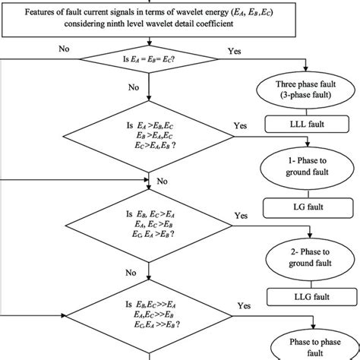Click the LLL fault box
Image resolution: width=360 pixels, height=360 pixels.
tap(303, 122)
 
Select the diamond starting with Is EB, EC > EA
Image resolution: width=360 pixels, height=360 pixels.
tap(151, 226)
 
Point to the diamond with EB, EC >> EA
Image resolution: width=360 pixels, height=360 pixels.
tap(151, 318)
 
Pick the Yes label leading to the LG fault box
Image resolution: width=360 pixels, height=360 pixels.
tap(241, 216)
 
